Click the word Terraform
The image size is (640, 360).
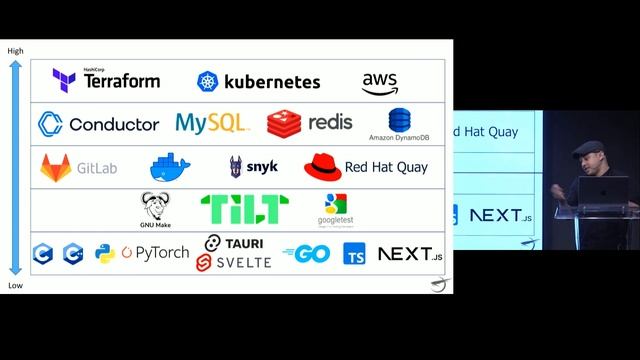pos(122,81)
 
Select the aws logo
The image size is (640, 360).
pos(381,83)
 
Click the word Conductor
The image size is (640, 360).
pos(114,124)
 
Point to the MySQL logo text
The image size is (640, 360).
pos(211,123)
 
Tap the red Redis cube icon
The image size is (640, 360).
pos(284,123)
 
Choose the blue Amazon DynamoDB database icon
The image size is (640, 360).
pos(400,120)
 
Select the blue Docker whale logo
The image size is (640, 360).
pos(169,166)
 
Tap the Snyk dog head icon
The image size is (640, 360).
pos(236,166)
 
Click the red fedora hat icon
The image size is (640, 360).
pos(322,166)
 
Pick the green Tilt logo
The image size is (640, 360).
pos(245,209)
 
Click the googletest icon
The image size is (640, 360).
pos(335,204)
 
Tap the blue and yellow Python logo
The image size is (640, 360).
pos(105,253)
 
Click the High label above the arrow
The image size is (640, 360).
pos(15,51)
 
